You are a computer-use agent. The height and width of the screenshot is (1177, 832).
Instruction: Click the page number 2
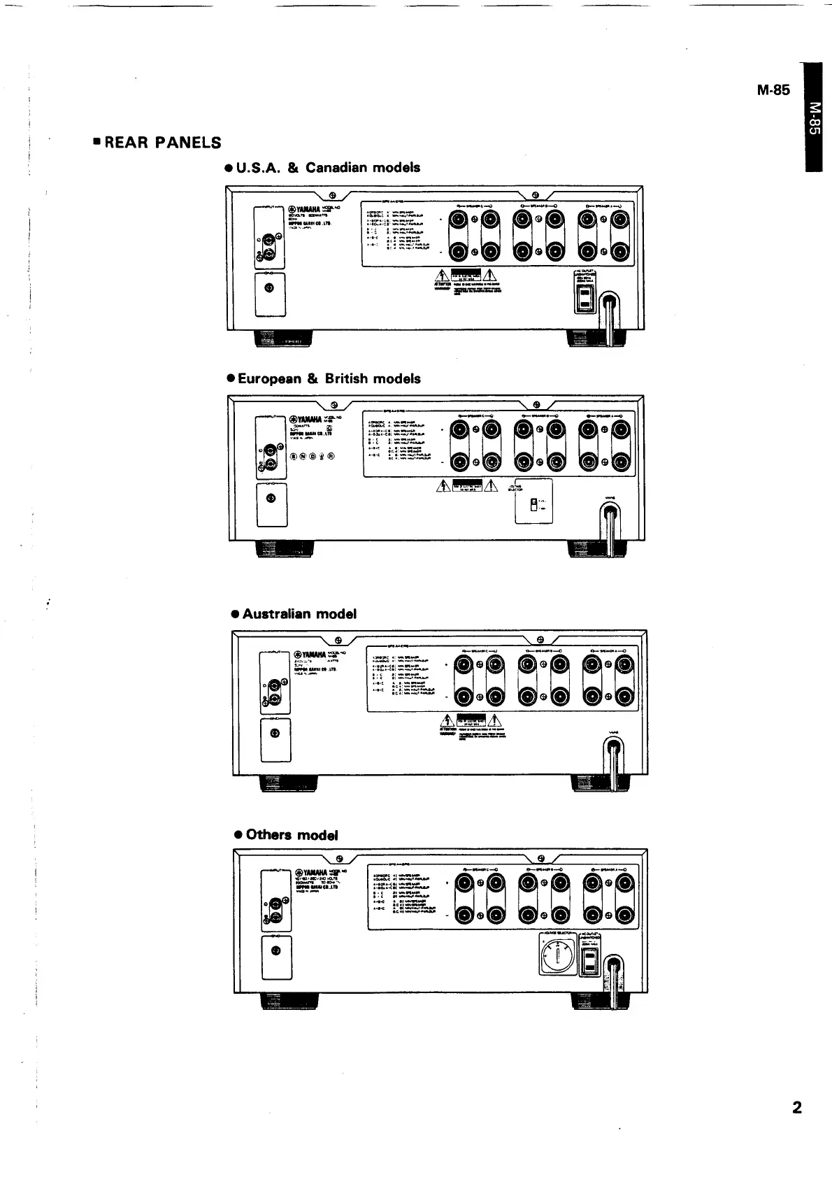[796, 1108]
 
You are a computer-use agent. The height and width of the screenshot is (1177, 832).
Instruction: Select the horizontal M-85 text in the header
[773, 90]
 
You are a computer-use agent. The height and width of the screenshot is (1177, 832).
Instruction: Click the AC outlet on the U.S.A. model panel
[584, 299]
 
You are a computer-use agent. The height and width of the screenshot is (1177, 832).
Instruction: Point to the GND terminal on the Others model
[275, 952]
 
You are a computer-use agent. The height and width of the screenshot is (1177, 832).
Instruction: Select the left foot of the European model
[285, 550]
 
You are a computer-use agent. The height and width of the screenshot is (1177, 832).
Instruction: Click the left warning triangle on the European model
[443, 487]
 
